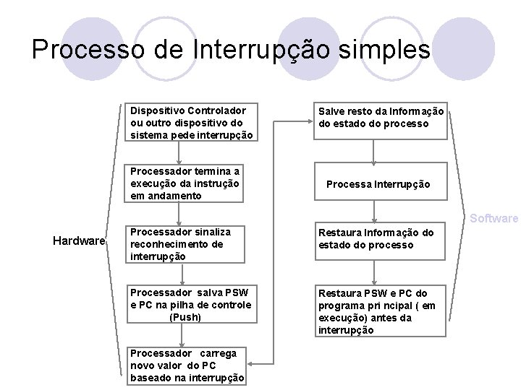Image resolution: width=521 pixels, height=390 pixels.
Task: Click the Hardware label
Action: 80,240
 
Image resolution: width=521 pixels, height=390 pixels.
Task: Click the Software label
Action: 494,218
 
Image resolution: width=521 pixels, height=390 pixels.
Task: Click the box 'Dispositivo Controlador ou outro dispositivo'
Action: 190,123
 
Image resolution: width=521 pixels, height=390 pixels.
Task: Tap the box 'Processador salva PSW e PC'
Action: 190,304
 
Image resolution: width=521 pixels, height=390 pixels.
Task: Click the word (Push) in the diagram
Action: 185,316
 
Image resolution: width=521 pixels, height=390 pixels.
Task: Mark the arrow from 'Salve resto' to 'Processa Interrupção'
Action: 373,152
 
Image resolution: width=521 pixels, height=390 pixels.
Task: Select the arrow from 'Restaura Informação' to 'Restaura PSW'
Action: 373,271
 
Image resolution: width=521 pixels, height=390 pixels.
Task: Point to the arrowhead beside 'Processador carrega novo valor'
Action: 254,364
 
